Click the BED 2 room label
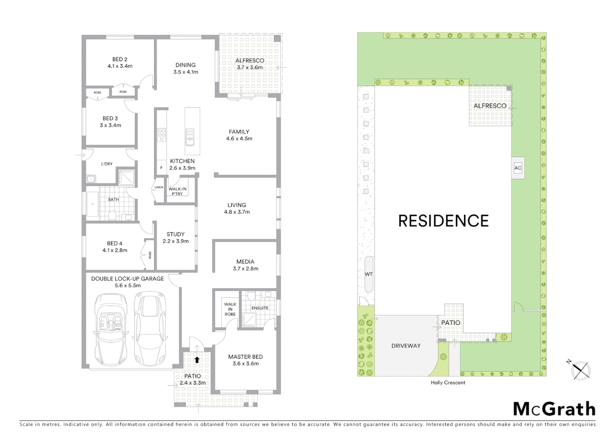(x=120, y=63)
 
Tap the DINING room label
(x=185, y=68)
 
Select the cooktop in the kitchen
(x=162, y=135)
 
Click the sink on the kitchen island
(x=189, y=137)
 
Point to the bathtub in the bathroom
(x=92, y=204)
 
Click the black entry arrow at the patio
(x=197, y=359)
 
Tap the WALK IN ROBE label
(x=230, y=309)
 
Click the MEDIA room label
(x=246, y=265)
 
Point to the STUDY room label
(x=175, y=237)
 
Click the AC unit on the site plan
(x=518, y=168)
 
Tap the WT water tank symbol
(x=368, y=274)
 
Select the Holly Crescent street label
(x=448, y=383)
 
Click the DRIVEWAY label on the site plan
(x=406, y=346)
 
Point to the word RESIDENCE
(x=443, y=221)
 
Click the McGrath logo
(x=554, y=409)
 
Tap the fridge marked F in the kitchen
(x=161, y=168)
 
